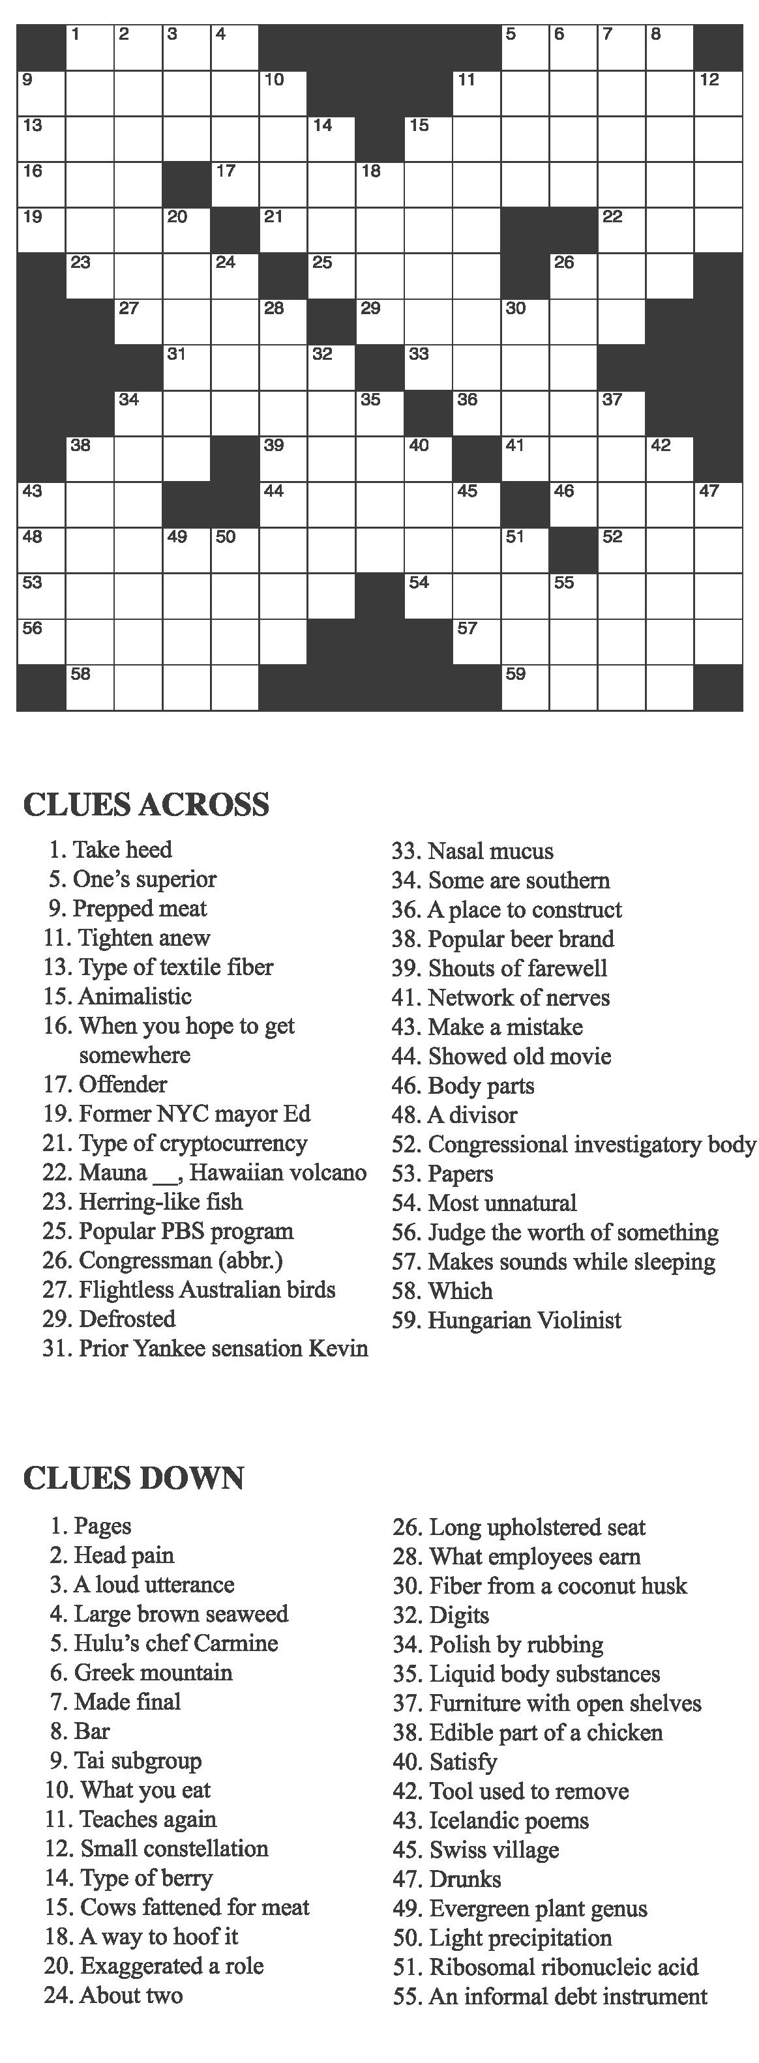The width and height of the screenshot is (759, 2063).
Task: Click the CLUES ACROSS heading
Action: (146, 805)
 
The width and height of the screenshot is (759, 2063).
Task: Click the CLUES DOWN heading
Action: (134, 1478)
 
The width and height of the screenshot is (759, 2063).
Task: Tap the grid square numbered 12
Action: (718, 94)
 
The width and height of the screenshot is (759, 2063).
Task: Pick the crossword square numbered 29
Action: (380, 322)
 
